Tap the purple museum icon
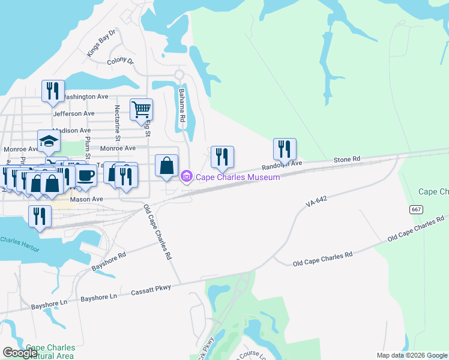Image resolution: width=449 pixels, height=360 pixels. [186, 176]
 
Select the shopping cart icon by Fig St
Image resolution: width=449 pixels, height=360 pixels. [141, 110]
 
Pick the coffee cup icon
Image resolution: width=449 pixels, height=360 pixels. [86, 175]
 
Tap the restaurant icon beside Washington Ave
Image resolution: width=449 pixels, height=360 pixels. [53, 91]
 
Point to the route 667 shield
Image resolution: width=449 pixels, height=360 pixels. [416, 209]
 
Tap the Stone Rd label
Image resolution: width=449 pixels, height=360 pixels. [347, 159]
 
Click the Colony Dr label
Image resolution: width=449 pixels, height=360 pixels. [120, 61]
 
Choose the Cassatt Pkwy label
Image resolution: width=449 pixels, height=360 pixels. [151, 290]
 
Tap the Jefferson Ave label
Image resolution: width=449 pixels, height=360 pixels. [74, 113]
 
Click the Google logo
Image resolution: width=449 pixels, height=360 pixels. [20, 353]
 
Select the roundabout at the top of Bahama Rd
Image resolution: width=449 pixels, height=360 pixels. [178, 75]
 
